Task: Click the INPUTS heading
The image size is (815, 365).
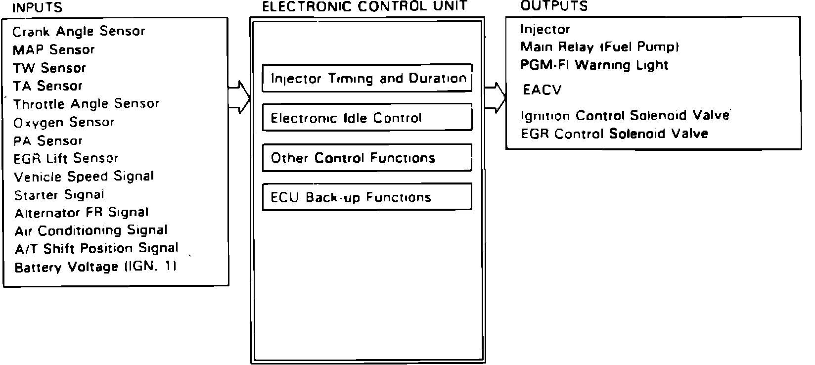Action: (37, 8)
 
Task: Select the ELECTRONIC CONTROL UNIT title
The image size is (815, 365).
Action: (365, 6)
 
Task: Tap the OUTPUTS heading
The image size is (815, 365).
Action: (554, 6)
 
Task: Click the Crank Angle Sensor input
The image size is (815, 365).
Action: (79, 32)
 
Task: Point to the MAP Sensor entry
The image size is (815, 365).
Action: (53, 50)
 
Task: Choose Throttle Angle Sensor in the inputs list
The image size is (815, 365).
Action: (86, 104)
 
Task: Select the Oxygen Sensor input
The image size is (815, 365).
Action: (64, 123)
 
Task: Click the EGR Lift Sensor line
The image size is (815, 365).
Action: (66, 159)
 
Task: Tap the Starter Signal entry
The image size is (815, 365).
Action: (59, 195)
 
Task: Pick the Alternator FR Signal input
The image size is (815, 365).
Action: (82, 213)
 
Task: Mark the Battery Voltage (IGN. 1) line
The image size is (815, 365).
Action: (95, 268)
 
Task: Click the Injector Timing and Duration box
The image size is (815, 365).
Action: (367, 78)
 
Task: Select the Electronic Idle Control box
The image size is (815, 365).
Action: (367, 118)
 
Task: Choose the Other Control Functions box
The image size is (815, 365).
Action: (367, 158)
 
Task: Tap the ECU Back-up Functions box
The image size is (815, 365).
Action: (367, 197)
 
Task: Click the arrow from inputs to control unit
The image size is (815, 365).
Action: (240, 97)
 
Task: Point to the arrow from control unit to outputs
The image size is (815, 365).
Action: (496, 97)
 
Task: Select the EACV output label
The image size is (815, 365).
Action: (542, 91)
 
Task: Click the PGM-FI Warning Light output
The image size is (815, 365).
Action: (594, 65)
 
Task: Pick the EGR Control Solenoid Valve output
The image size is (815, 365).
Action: (614, 134)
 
